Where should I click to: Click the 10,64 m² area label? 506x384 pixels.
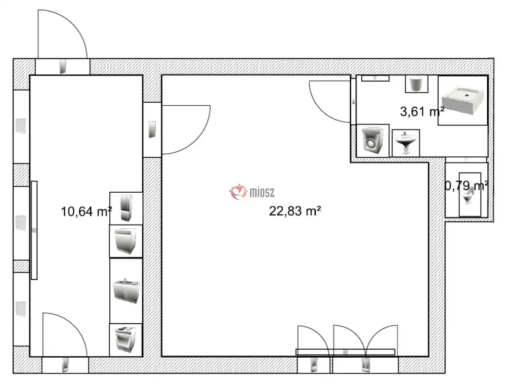87,211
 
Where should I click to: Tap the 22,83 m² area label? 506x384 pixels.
295,211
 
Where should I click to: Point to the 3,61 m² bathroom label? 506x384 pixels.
422,112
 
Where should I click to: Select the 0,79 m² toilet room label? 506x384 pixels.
467,186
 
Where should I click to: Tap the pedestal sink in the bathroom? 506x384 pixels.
405,143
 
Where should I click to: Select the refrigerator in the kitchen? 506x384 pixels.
126,208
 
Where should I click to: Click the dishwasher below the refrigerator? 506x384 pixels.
126,241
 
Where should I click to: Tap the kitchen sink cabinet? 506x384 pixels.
126,290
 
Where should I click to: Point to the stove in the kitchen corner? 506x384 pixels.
126,339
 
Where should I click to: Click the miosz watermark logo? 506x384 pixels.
252,192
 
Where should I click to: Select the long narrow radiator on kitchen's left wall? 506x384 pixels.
34,230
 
